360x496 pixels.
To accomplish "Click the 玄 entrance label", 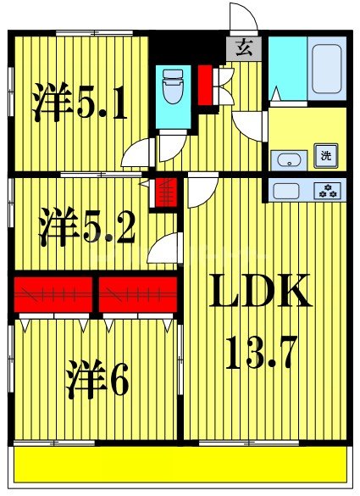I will (x=244, y=48).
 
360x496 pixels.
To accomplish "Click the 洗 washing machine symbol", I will (x=326, y=155).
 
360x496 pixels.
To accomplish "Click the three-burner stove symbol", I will (x=326, y=190).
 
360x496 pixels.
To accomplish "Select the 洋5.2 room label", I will (x=86, y=226).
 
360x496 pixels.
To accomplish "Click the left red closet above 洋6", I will (x=53, y=294).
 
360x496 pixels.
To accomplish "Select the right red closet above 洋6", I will (x=138, y=294).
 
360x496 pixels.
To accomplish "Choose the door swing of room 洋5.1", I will (x=136, y=153).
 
